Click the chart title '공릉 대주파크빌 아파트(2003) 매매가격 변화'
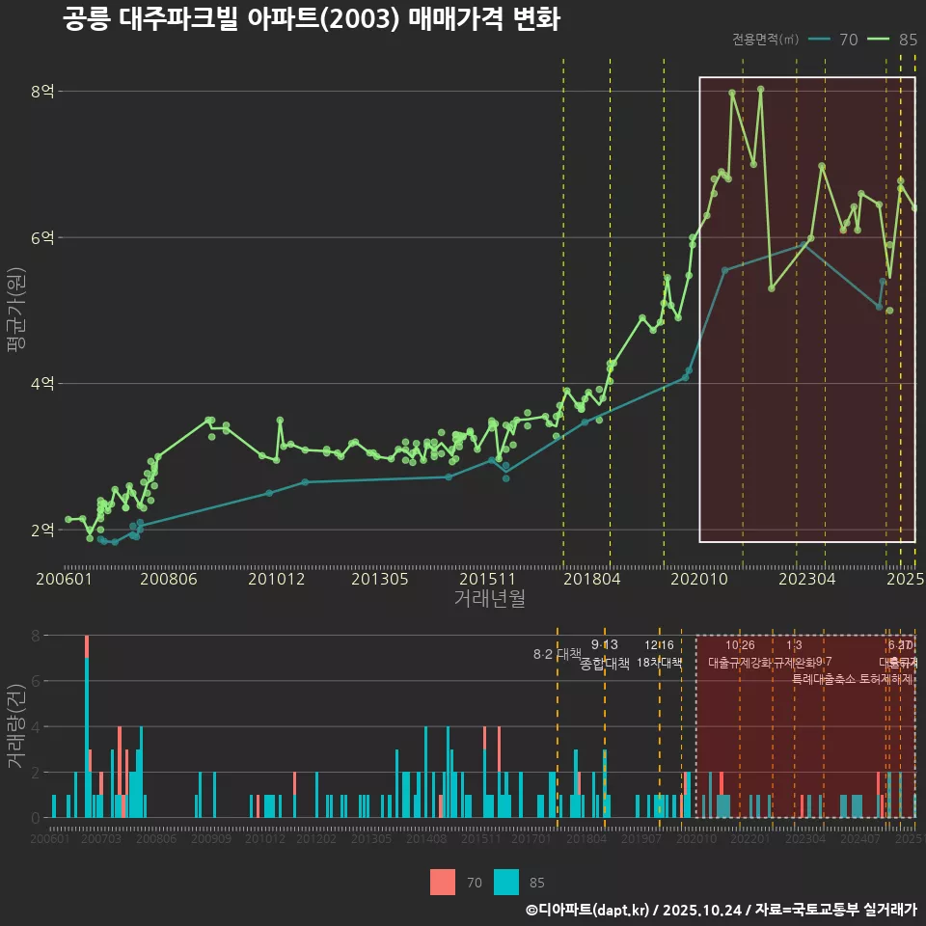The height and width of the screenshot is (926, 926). click(x=311, y=19)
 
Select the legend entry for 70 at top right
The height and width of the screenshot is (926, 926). click(x=835, y=40)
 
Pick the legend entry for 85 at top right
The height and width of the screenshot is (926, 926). click(x=893, y=40)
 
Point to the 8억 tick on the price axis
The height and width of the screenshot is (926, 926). click(x=42, y=92)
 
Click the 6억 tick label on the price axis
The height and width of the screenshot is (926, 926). click(x=42, y=238)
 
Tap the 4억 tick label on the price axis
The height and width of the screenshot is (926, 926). click(x=42, y=384)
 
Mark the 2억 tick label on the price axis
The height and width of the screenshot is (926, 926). click(x=42, y=531)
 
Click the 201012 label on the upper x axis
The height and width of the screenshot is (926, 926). click(x=276, y=580)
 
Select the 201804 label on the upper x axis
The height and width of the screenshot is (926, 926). click(x=591, y=580)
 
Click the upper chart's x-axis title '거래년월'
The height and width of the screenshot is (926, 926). click(x=489, y=599)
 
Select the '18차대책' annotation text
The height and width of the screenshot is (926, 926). click(x=660, y=663)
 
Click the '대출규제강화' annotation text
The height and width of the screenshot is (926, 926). click(x=740, y=663)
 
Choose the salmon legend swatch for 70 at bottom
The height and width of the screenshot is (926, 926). click(x=443, y=882)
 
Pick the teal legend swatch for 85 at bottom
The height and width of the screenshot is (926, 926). click(x=505, y=882)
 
